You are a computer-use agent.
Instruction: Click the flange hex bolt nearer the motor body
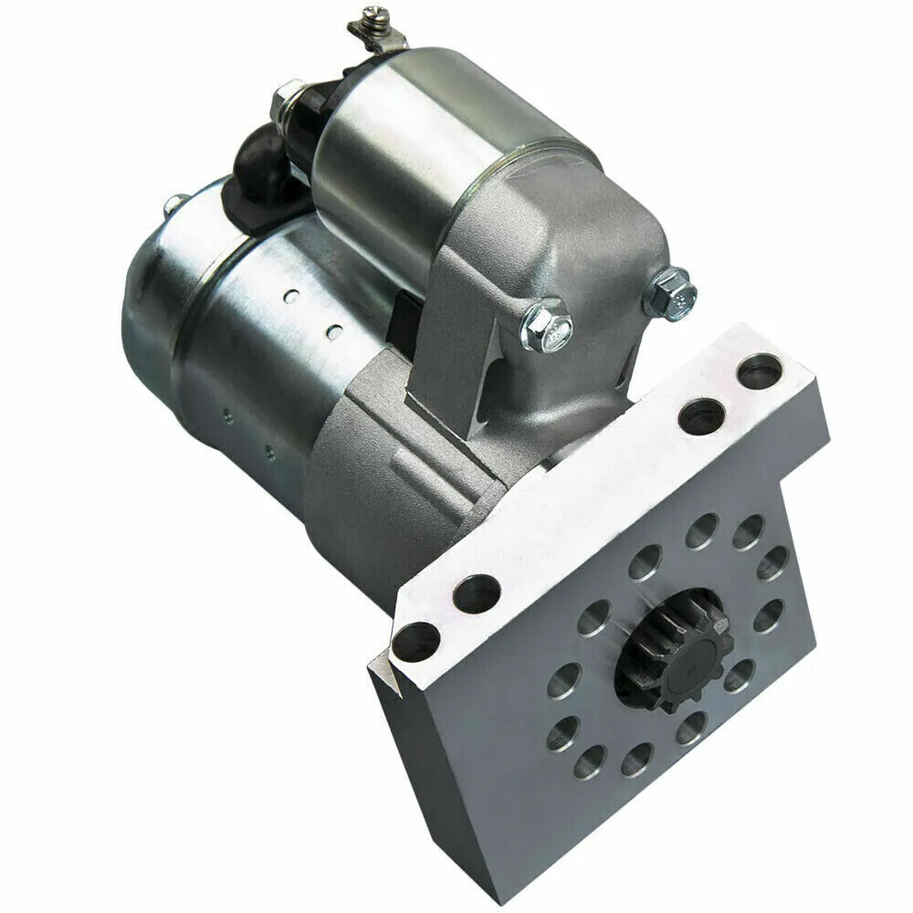tap(547, 325)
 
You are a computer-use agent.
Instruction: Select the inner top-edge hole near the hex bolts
tap(701, 415)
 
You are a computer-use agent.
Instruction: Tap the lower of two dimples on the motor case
tap(335, 330)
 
